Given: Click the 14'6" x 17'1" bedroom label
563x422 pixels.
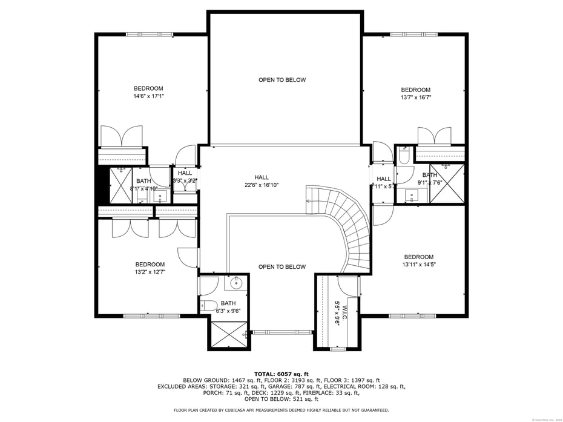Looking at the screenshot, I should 149,92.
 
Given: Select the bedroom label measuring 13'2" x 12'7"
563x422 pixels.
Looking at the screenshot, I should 150,268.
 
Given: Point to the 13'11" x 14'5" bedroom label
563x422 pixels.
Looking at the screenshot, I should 418,261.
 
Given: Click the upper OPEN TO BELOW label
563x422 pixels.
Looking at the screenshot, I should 282,80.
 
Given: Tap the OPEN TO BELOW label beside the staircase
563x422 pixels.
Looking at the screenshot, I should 282,267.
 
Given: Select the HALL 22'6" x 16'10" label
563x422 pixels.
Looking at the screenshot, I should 262,181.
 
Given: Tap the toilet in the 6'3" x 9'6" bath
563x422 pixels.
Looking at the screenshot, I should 209,305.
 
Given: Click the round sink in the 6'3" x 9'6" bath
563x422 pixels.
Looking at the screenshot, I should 235,283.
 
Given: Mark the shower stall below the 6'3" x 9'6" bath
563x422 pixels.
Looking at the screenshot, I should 229,335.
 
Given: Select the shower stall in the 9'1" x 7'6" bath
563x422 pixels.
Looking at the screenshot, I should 447,183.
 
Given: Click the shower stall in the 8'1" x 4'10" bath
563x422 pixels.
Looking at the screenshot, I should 120,185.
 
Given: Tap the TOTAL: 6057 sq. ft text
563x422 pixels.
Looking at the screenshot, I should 281,374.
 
